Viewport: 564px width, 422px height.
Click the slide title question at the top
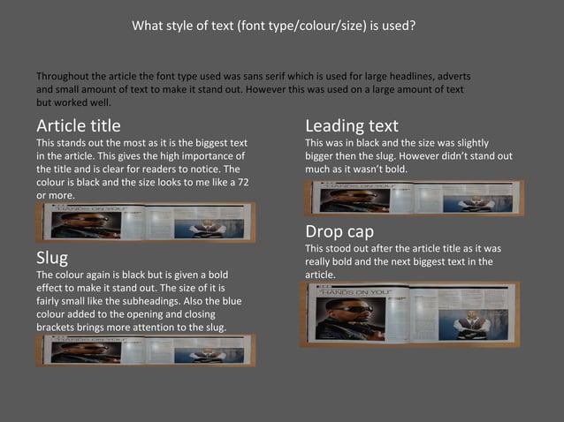(273, 26)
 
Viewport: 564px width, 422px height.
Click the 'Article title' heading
(78, 125)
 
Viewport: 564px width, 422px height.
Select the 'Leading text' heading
(351, 125)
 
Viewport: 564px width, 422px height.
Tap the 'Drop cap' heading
(339, 231)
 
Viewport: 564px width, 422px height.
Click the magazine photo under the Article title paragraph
(145, 222)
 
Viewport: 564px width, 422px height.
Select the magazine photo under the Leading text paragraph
(414, 198)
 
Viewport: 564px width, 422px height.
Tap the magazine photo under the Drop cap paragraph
(409, 314)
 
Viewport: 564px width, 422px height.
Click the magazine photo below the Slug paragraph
(145, 350)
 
